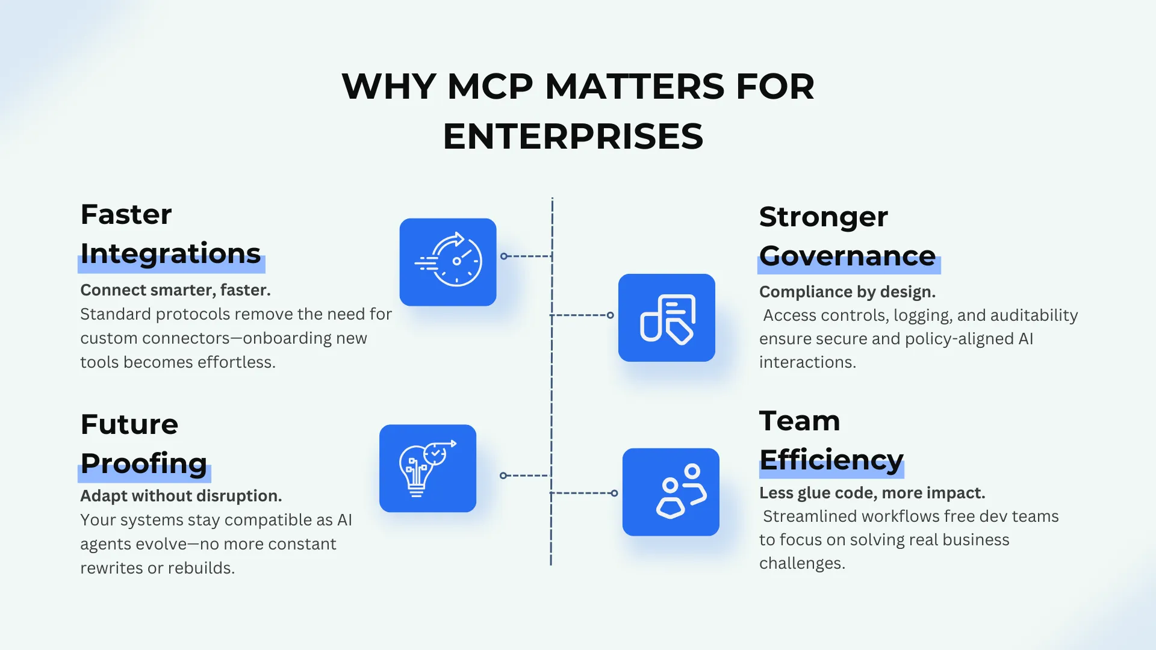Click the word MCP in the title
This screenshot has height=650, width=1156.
coord(490,87)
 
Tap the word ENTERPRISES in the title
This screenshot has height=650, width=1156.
coord(573,137)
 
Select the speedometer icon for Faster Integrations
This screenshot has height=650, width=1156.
coord(448,262)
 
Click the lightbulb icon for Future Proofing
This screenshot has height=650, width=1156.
coord(427,468)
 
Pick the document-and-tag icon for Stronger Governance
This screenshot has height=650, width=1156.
coord(667,318)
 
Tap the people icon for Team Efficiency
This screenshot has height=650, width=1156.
coord(671,492)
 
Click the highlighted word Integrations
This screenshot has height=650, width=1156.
coord(170,253)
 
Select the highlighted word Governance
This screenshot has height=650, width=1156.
coord(847,256)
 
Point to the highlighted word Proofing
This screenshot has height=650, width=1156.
coord(144,463)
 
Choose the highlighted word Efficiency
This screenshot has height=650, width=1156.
coord(831,460)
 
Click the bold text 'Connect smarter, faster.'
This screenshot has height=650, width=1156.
coord(175,290)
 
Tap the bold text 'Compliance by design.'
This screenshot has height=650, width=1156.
coord(847,292)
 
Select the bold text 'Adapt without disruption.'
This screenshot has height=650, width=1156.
coord(181,496)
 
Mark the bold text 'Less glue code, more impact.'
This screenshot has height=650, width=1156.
coord(872,493)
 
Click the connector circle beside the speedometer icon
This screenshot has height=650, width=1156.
coord(504,256)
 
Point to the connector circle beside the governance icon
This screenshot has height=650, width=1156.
coord(611,315)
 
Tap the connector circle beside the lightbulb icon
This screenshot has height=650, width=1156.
coord(503,475)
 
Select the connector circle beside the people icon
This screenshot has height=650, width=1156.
coord(614,494)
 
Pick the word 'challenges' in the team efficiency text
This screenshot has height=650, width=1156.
coord(801,563)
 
